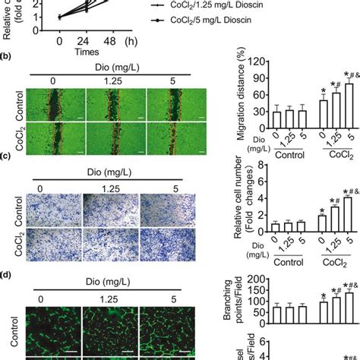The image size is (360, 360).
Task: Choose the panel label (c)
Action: (x=7, y=156)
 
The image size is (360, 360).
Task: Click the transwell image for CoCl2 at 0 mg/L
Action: (x=52, y=234)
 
